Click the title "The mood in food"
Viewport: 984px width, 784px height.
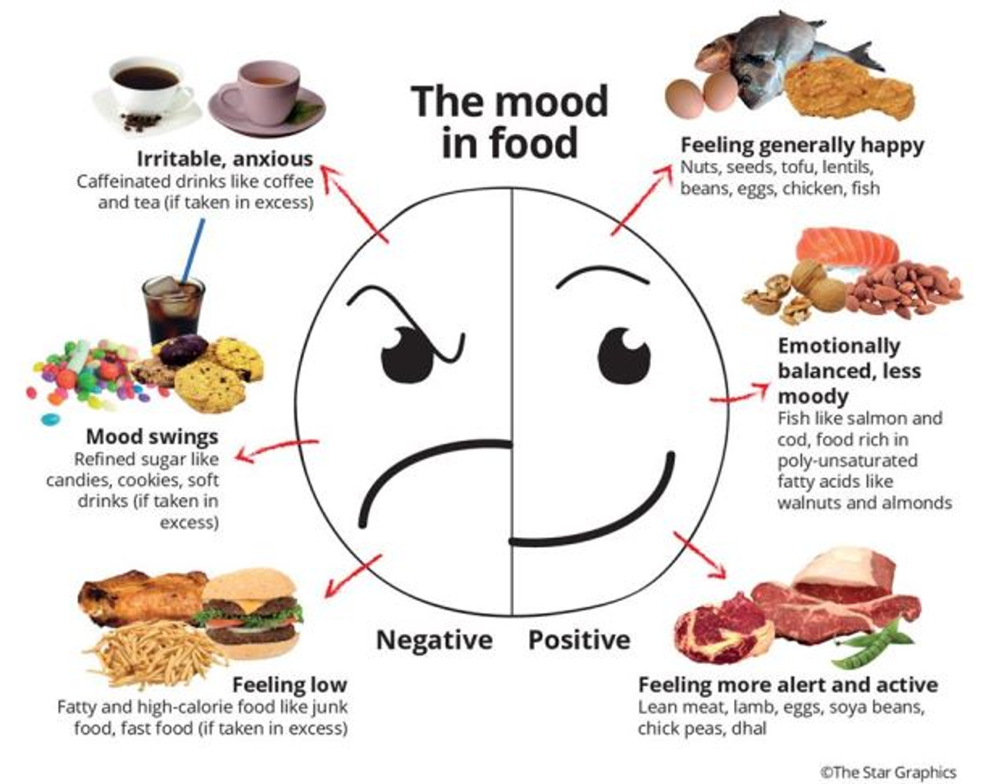[x=509, y=121]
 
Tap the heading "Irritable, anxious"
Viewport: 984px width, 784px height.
[x=225, y=159]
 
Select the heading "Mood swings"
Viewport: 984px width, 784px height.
[x=153, y=436]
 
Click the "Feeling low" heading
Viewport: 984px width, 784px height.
[x=290, y=685]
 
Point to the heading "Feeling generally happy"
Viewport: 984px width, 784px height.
[x=802, y=145]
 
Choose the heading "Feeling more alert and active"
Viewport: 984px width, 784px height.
[x=788, y=685]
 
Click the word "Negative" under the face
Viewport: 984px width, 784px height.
[x=434, y=640]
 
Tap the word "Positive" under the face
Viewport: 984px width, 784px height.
[x=580, y=640]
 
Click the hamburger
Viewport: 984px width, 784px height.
[x=249, y=613]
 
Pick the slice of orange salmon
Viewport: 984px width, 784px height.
[x=847, y=247]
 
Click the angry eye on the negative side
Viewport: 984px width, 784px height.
[x=406, y=353]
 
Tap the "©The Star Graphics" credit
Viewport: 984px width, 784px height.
[x=888, y=759]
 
